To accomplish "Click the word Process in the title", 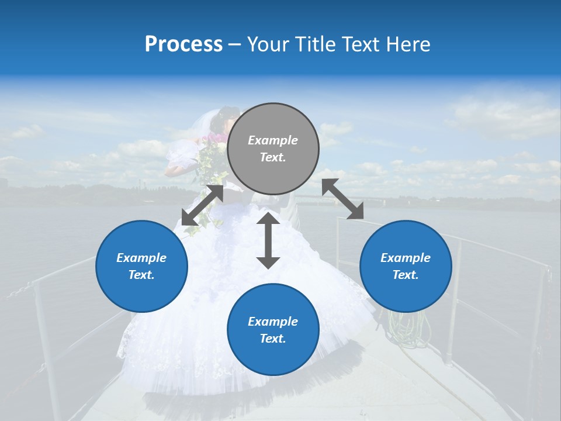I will (x=183, y=44).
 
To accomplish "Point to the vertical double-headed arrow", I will (x=268, y=240).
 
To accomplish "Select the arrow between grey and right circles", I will (x=343, y=199).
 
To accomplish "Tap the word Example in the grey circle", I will (x=273, y=140).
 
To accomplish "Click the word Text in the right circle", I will (x=406, y=275).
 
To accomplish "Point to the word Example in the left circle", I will (x=141, y=258).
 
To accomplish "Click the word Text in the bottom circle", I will (x=273, y=339).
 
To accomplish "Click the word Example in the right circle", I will (x=406, y=258).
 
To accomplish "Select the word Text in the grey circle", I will (x=273, y=157).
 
